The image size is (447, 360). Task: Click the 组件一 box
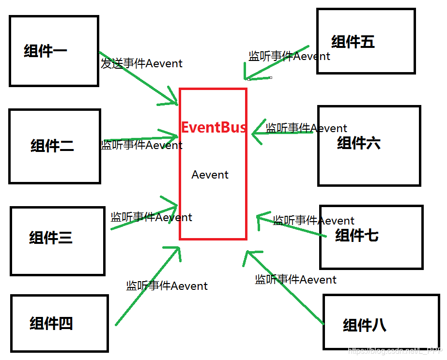54,51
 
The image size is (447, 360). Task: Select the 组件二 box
54,146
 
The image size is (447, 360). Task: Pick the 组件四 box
59,323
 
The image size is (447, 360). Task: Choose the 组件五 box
366,41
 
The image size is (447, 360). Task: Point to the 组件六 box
369,145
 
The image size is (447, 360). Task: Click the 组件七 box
371,237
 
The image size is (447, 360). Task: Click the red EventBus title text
213,128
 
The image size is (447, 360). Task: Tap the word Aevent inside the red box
210,175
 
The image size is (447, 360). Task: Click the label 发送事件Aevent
141,63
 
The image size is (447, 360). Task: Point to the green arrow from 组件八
286,288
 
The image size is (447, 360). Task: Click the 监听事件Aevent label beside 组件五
289,56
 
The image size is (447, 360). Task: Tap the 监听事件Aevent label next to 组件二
141,145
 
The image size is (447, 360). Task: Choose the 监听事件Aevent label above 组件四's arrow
167,286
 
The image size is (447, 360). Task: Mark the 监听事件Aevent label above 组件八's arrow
295,279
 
